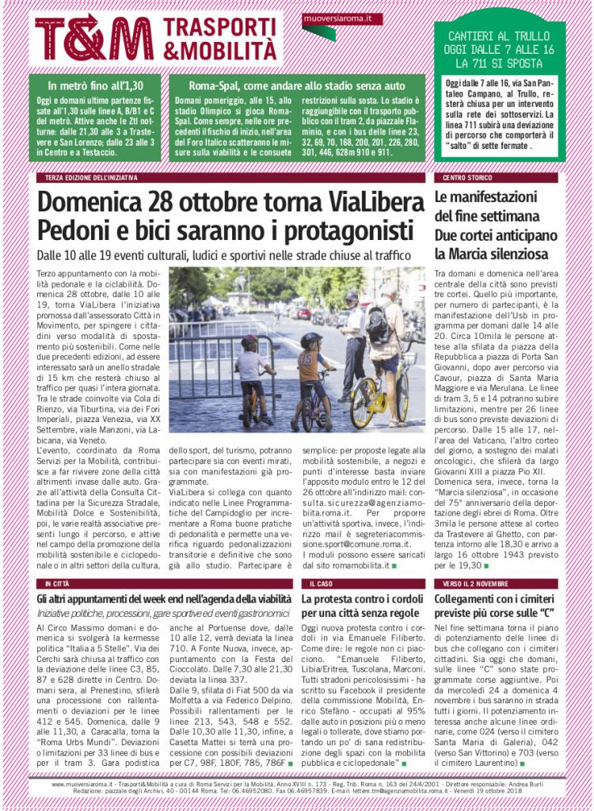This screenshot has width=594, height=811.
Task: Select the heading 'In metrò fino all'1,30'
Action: pyautogui.click(x=94, y=86)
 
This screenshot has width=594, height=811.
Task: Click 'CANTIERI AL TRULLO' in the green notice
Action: pyautogui.click(x=499, y=36)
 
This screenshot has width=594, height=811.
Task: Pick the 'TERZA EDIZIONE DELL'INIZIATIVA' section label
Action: pyautogui.click(x=91, y=177)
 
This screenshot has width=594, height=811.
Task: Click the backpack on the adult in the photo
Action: pyautogui.click(x=379, y=324)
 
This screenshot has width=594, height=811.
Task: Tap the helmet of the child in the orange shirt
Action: pyautogui.click(x=312, y=340)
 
